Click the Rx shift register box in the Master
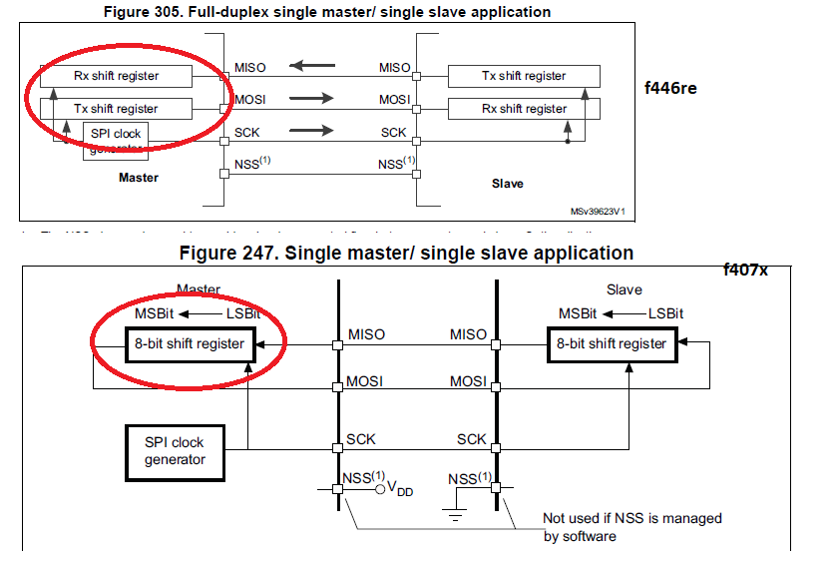[116, 76]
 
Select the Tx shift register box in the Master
[116, 108]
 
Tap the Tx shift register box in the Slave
[524, 76]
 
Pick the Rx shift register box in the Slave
[524, 108]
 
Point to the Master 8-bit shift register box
[189, 343]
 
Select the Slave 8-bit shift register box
[612, 343]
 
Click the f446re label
[670, 88]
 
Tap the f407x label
[747, 270]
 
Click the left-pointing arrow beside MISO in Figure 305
[311, 67]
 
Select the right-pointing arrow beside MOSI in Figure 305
[311, 99]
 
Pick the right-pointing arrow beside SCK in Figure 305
[311, 131]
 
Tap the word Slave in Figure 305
[507, 184]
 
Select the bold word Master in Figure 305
[139, 178]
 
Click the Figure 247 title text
[406, 253]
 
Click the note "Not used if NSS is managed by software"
[631, 527]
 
